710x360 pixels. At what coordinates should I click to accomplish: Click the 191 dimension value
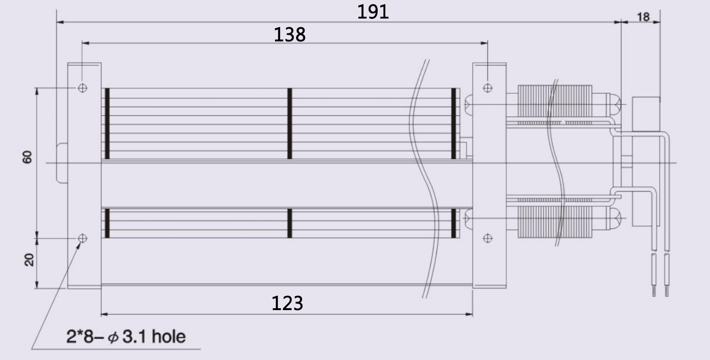(373, 12)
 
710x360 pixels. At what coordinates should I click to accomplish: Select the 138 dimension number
(290, 34)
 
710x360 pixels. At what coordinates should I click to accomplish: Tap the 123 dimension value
(287, 303)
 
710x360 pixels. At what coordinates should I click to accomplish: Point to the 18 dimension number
(643, 17)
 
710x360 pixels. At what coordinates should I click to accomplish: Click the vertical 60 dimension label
(28, 157)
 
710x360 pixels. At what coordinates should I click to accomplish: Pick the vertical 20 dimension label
(29, 260)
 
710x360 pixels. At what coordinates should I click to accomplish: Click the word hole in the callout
(169, 336)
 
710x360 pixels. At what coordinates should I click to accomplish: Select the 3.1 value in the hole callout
(134, 337)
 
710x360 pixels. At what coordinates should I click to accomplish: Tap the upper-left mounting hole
(82, 88)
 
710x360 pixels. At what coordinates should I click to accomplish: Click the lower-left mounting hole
(82, 238)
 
